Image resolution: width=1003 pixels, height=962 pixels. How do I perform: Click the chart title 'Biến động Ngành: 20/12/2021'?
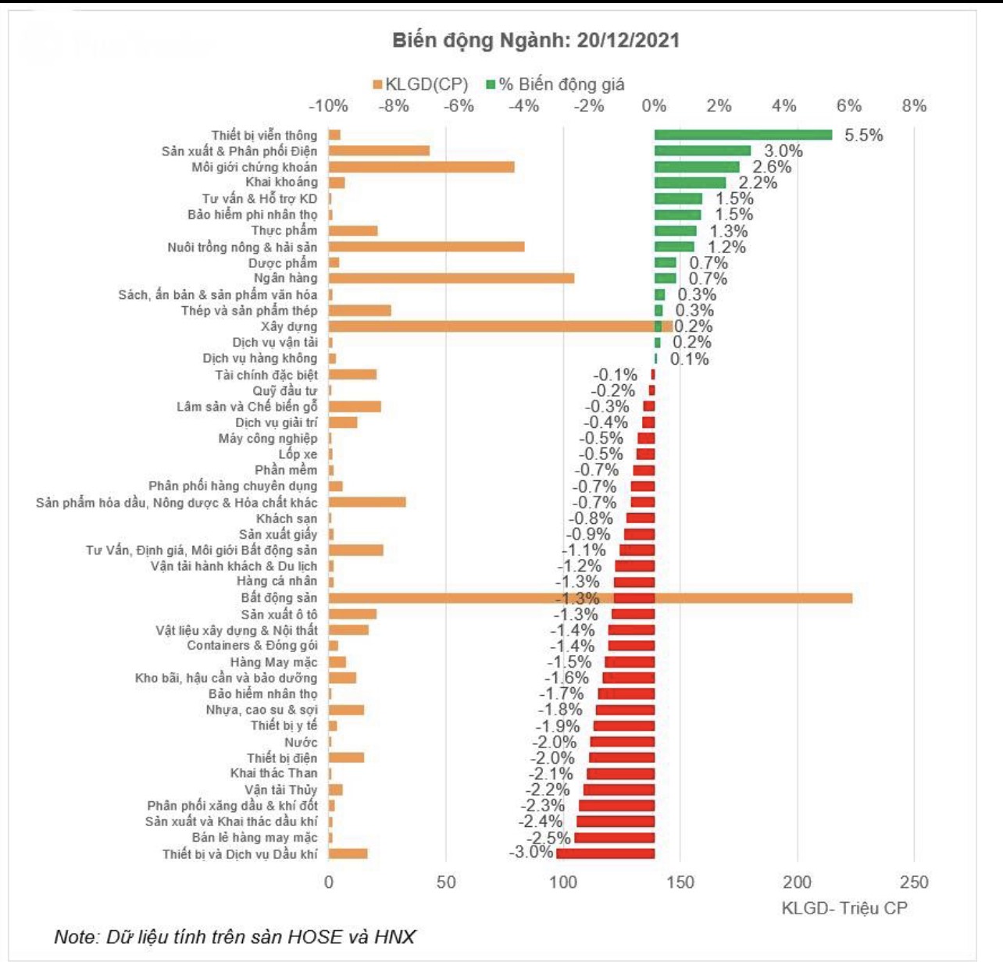(535, 41)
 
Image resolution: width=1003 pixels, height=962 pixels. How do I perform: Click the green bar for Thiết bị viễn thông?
(743, 135)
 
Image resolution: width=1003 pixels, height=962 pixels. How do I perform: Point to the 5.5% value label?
(863, 135)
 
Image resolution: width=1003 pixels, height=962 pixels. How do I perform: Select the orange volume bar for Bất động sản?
(590, 598)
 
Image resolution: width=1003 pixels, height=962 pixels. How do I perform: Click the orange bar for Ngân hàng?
(451, 279)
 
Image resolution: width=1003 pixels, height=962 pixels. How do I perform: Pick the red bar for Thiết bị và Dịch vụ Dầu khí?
(605, 853)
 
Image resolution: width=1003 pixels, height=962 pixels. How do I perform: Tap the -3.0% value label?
(531, 852)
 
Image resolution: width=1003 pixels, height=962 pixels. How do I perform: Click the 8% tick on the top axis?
(913, 106)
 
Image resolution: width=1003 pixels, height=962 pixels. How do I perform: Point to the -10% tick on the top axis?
(328, 106)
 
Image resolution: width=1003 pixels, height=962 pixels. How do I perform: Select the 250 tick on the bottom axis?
(914, 882)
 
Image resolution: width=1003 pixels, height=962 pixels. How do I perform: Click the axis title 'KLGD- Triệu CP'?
(844, 908)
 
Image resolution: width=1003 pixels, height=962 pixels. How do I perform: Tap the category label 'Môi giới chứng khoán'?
(255, 167)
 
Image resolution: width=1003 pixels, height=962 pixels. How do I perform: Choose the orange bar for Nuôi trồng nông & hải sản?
(426, 247)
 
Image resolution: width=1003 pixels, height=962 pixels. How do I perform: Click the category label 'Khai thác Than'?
(273, 773)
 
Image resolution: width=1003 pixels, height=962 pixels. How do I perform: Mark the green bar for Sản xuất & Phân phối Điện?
(702, 151)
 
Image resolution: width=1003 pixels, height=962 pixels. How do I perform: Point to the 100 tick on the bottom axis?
(563, 882)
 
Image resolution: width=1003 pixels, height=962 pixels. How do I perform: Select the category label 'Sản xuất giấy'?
(278, 534)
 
